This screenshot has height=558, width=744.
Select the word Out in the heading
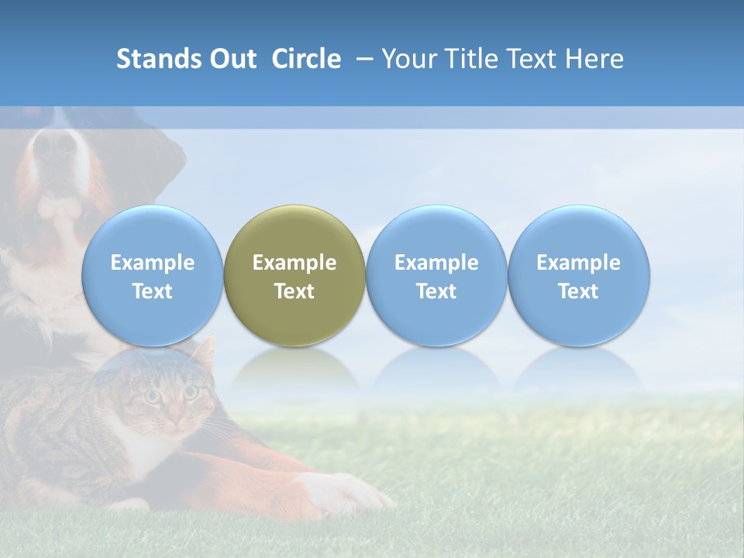[x=230, y=59]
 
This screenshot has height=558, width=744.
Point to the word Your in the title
[x=408, y=59]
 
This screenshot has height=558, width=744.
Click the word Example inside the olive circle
[x=294, y=263]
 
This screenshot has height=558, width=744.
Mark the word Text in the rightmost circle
[x=579, y=291]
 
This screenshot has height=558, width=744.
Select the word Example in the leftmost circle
[x=153, y=263]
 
